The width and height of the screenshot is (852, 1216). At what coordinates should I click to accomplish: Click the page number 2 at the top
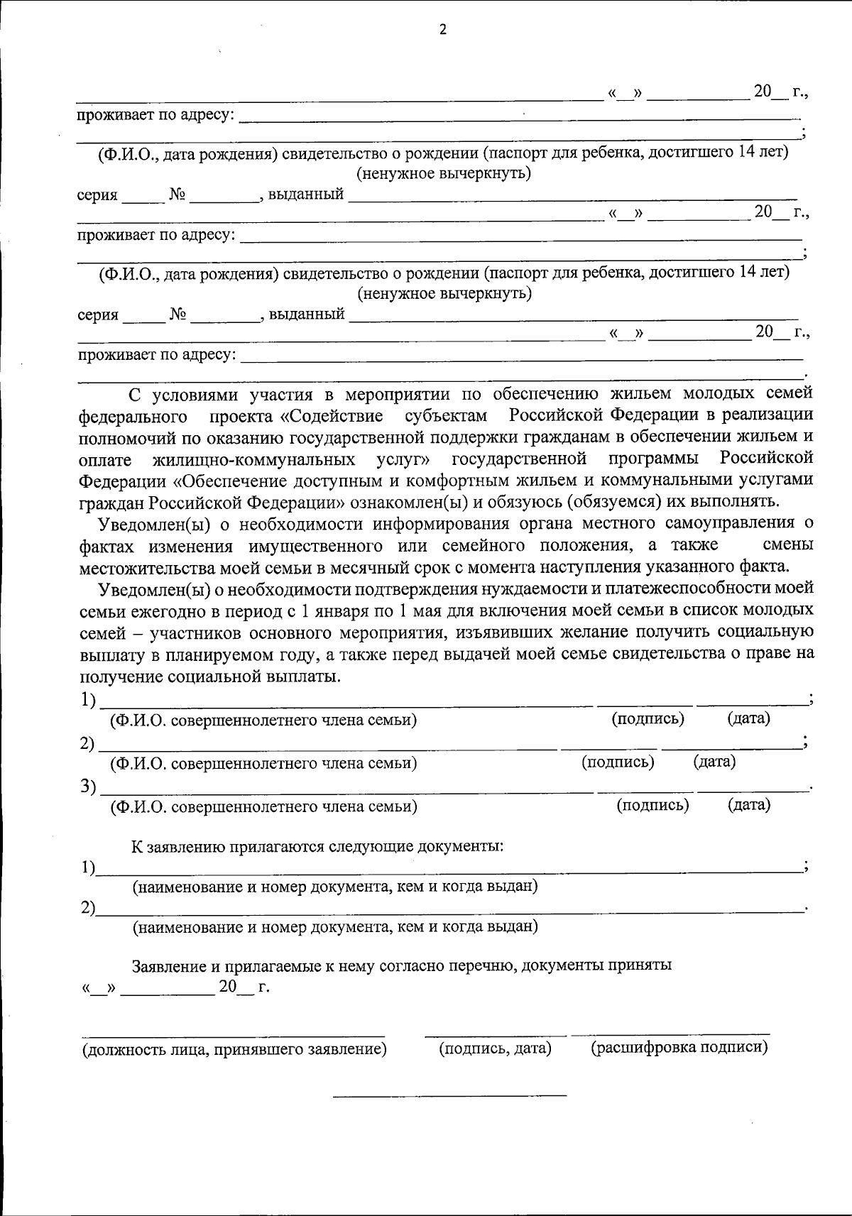(x=443, y=30)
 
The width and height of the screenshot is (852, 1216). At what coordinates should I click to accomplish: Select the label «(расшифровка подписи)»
(x=679, y=1048)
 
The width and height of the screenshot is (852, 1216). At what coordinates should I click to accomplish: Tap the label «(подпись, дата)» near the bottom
(x=496, y=1048)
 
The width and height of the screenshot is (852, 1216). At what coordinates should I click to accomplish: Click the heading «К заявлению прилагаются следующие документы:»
(x=317, y=847)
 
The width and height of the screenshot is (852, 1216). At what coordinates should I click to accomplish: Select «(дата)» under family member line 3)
(x=748, y=805)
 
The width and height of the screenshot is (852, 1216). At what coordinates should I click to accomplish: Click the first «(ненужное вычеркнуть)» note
(x=444, y=172)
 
